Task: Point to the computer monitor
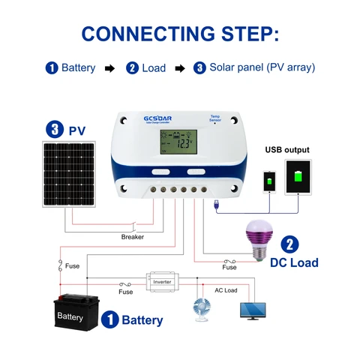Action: click(252, 310)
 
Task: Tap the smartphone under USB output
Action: click(269, 181)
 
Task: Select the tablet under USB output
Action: click(297, 177)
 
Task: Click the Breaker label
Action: click(132, 237)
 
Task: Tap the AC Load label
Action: click(226, 290)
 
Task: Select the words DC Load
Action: click(294, 262)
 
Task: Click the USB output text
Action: click(288, 149)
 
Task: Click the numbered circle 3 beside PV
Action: click(54, 130)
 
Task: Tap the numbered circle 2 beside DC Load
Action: click(290, 244)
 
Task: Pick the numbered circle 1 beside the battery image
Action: click(109, 320)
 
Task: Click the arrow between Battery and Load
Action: click(109, 68)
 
